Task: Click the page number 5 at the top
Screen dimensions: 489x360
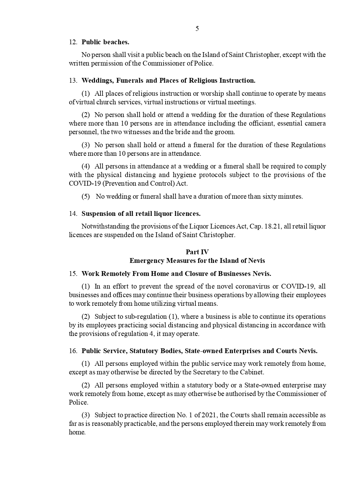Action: click(197, 29)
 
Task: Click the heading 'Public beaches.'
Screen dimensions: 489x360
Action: click(105, 42)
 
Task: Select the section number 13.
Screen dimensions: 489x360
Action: click(73, 81)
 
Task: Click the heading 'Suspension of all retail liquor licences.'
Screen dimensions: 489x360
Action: click(141, 214)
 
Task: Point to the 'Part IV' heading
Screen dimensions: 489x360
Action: click(197, 252)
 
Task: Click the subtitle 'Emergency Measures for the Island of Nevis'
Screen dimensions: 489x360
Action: click(197, 261)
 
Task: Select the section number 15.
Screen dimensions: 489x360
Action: click(73, 274)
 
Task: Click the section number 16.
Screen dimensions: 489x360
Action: click(73, 351)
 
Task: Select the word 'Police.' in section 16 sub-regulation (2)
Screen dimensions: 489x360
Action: click(79, 403)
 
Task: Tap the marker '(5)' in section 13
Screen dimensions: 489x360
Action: click(85, 197)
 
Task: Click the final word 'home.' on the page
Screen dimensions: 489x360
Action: click(77, 432)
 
